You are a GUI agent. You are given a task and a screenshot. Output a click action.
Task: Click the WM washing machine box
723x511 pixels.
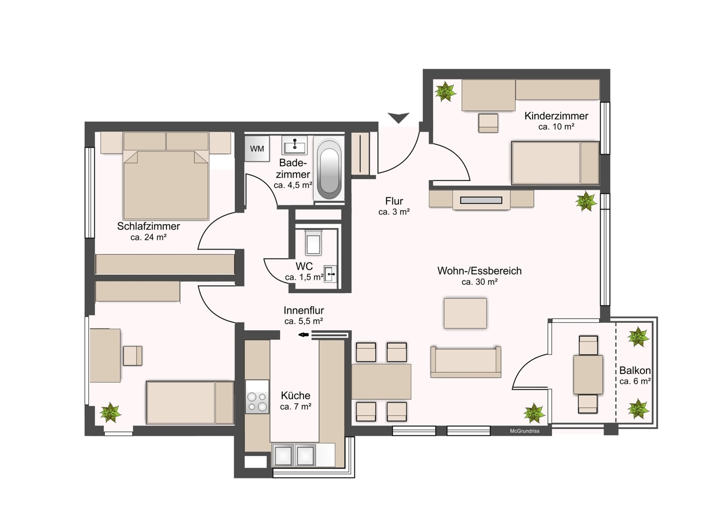click(x=257, y=149)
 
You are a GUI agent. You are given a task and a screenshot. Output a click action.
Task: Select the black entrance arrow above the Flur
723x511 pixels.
click(x=398, y=118)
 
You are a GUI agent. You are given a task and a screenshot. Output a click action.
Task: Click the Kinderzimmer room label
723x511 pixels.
click(x=556, y=116)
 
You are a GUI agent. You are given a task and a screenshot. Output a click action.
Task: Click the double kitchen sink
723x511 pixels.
click(x=294, y=455)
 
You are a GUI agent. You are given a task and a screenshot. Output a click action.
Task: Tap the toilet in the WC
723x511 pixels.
click(x=313, y=243)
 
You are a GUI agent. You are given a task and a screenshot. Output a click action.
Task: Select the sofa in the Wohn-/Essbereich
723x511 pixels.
click(x=466, y=362)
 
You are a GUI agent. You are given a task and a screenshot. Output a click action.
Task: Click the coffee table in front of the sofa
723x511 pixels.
click(x=465, y=313)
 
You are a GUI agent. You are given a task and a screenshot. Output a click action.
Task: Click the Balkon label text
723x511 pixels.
click(x=635, y=370)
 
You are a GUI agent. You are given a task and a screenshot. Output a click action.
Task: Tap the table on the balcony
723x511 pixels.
click(x=588, y=375)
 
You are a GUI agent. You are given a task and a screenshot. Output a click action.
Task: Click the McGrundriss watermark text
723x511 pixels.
click(x=524, y=431)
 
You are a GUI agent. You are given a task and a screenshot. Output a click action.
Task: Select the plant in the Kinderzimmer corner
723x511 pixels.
click(x=445, y=92)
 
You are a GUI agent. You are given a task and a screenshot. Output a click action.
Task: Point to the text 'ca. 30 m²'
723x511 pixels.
click(x=479, y=282)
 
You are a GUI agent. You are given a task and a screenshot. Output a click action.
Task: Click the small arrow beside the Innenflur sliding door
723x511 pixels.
click(x=303, y=335)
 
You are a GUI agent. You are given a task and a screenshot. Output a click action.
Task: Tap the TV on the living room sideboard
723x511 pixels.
click(x=481, y=200)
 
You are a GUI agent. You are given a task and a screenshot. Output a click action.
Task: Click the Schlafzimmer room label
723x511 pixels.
click(x=148, y=226)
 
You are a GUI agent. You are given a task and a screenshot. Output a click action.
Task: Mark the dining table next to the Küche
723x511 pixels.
click(x=381, y=381)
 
